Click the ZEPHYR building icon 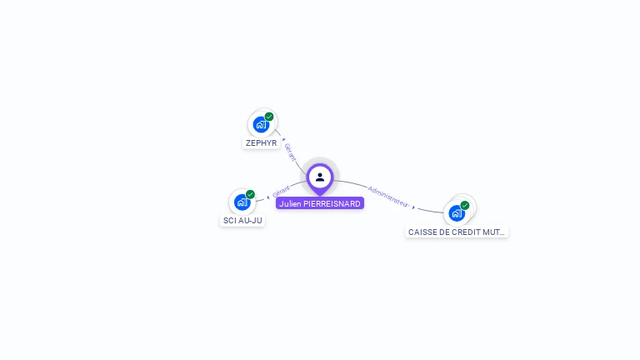[x=261, y=125]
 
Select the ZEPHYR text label [x=261, y=142]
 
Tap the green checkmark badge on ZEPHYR [x=269, y=117]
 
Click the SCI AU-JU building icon [x=242, y=202]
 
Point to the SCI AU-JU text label [x=242, y=220]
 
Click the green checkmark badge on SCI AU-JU [x=250, y=194]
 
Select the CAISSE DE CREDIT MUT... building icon [x=457, y=213]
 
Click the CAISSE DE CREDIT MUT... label [x=457, y=232]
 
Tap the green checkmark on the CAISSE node [x=465, y=205]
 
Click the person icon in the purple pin [x=320, y=177]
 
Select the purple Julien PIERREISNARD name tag [x=320, y=202]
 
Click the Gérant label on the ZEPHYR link [x=290, y=152]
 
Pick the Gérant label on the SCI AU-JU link [x=281, y=191]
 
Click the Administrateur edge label [x=388, y=196]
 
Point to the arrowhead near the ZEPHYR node [x=283, y=139]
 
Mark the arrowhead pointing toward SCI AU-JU [x=267, y=197]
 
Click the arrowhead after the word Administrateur [x=414, y=206]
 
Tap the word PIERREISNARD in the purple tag [x=331, y=202]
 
